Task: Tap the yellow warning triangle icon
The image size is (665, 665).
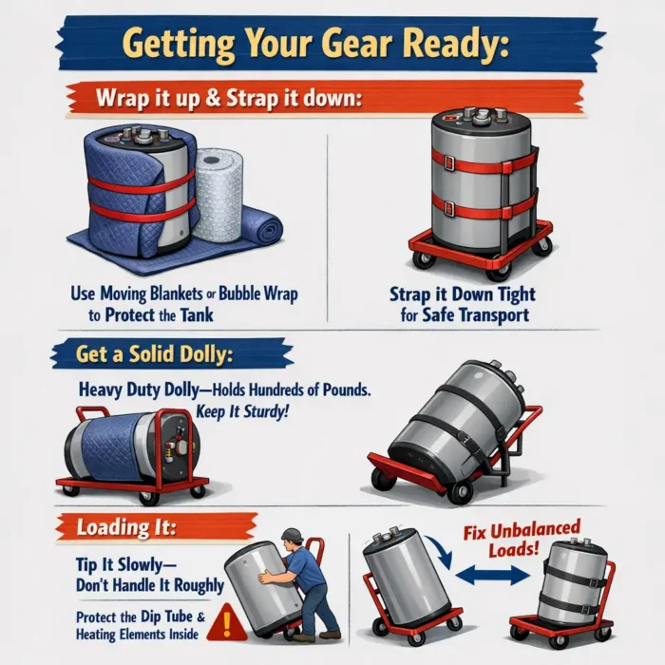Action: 225,622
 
